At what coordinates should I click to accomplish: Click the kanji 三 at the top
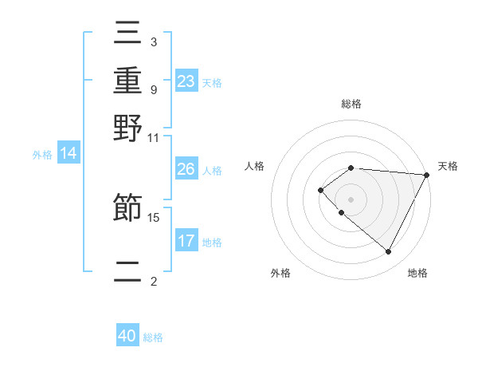click(x=128, y=34)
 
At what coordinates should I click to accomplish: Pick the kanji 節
click(x=128, y=209)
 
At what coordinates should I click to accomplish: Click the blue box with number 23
click(x=186, y=81)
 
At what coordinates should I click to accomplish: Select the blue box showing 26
click(x=186, y=169)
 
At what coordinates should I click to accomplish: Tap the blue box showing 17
click(x=186, y=241)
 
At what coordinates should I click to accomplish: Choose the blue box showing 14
click(x=69, y=154)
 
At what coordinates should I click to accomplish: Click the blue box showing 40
click(x=127, y=336)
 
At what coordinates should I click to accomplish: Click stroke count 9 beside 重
click(x=153, y=89)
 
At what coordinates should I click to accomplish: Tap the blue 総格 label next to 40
click(x=153, y=337)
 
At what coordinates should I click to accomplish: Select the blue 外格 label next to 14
click(x=42, y=155)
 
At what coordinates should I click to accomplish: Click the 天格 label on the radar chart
click(x=448, y=166)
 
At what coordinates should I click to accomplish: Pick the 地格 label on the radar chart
click(x=417, y=274)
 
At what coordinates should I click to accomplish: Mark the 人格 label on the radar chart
click(x=255, y=166)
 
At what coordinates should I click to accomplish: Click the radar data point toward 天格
click(x=426, y=175)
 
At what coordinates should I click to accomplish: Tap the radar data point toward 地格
click(x=388, y=252)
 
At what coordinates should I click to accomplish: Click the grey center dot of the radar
click(x=351, y=199)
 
